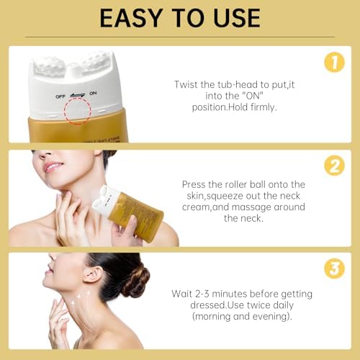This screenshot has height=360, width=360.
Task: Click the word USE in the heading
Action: point(233,17)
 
